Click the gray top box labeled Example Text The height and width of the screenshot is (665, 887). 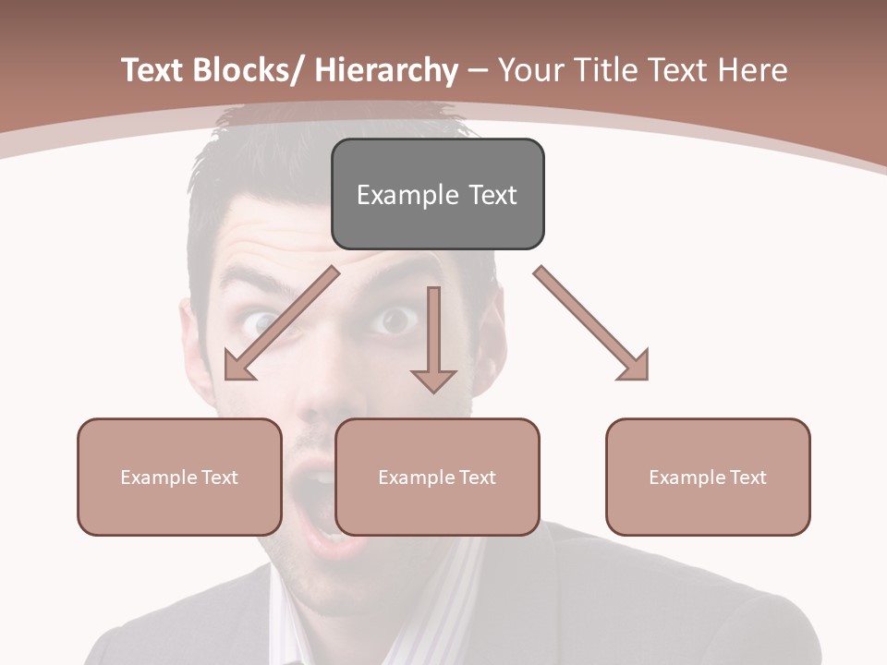437,194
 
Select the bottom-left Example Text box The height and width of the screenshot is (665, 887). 179,477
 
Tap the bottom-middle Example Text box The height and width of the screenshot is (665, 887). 437,477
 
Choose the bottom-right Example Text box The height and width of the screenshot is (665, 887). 708,477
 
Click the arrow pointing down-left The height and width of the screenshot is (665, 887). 277,325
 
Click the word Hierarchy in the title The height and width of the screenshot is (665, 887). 386,70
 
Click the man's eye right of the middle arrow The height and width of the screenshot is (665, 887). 395,320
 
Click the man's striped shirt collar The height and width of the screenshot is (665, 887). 462,591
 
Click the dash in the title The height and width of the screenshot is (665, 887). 478,70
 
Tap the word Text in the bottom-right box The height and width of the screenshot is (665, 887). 747,477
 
